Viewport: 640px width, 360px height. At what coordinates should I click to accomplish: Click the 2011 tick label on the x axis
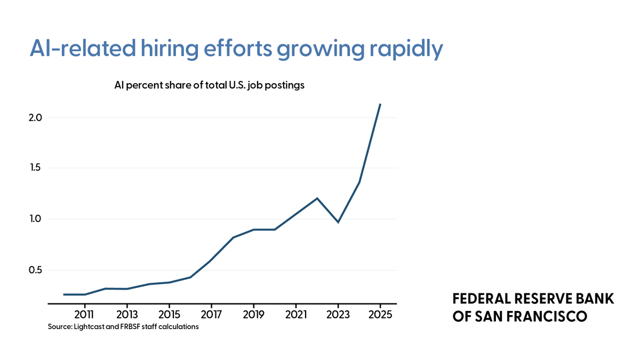click(x=85, y=314)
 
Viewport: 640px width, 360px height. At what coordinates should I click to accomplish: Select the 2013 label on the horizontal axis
click(x=127, y=314)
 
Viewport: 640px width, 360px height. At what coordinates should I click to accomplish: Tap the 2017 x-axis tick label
click(x=211, y=314)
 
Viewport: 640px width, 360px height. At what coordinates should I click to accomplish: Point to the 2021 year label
click(x=295, y=314)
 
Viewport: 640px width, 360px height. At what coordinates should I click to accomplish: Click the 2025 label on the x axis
click(x=380, y=314)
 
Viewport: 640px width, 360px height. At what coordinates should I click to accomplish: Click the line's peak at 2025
click(x=380, y=105)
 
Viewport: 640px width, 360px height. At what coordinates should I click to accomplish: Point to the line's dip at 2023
click(x=338, y=222)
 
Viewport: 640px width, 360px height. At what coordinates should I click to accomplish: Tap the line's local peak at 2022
click(x=317, y=198)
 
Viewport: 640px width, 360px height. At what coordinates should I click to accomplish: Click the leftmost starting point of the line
click(x=64, y=294)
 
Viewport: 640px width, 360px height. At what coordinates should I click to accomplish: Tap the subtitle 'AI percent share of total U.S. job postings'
click(x=209, y=85)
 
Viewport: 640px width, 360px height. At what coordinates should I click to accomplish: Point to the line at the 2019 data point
click(x=253, y=229)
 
